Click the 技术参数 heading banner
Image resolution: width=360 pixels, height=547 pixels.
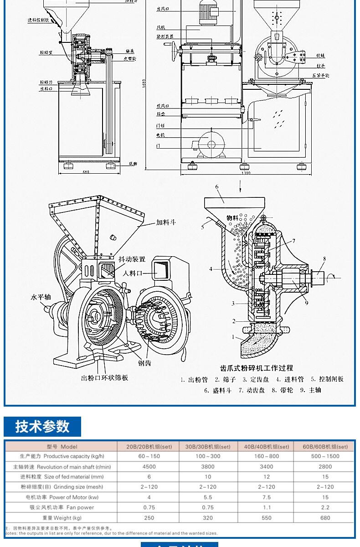(42, 427)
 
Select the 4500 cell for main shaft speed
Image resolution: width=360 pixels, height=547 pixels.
(149, 466)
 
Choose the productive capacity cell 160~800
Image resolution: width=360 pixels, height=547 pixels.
(267, 456)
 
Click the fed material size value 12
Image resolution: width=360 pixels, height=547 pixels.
(267, 477)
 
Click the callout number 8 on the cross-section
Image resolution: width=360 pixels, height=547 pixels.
(324, 259)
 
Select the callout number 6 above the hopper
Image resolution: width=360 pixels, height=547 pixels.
(217, 187)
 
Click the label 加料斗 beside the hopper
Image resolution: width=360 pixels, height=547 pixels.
(166, 223)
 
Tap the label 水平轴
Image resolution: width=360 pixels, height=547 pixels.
(41, 297)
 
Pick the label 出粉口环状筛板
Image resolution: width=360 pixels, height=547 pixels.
(104, 378)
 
